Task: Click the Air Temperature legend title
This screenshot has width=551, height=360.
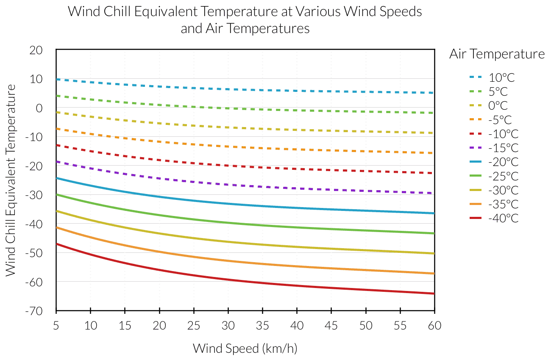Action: [497, 54]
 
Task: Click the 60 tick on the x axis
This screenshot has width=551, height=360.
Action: [434, 325]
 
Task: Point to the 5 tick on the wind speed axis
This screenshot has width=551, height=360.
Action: [56, 325]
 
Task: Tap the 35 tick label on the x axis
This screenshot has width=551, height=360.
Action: [262, 325]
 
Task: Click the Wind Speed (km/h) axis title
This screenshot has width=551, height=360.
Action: [245, 349]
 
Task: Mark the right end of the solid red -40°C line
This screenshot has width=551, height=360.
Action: [434, 294]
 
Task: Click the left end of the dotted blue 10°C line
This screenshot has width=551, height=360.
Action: [57, 79]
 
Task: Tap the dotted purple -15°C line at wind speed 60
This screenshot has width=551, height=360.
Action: [434, 193]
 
